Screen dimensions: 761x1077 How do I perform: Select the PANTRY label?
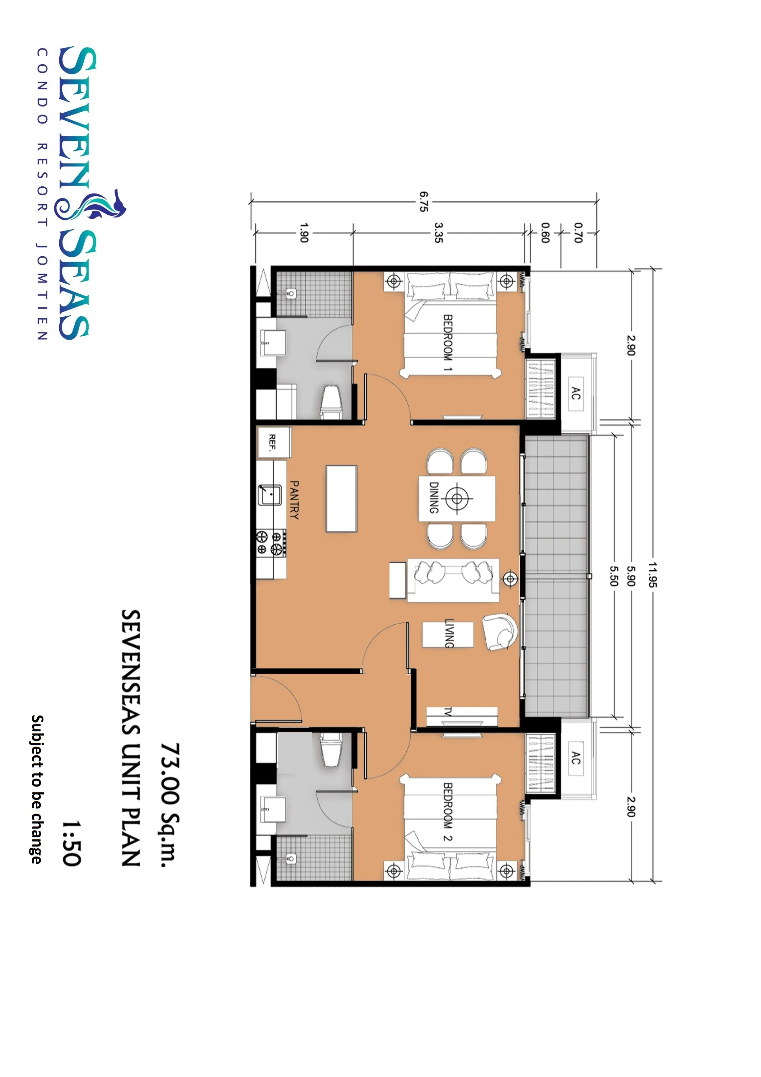[294, 500]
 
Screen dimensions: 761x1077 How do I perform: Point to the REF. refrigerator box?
[274, 442]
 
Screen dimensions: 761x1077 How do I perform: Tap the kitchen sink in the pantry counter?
[270, 495]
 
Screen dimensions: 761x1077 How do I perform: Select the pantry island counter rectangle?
[341, 498]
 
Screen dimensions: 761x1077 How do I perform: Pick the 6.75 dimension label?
[424, 201]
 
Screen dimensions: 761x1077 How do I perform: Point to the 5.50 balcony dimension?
[614, 576]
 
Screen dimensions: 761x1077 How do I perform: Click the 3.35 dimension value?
[438, 233]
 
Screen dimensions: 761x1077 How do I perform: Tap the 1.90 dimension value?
[303, 233]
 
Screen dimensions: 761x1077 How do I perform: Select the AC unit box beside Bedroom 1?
[576, 393]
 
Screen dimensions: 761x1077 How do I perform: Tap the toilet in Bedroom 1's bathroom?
[331, 402]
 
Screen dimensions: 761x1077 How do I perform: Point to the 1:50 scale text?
[72, 843]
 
